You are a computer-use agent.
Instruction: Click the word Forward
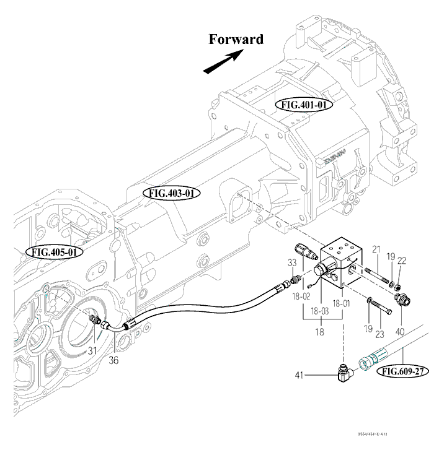236,40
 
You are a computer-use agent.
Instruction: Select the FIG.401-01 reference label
304,105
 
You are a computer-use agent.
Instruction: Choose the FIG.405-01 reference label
54,252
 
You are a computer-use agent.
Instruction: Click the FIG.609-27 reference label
402,371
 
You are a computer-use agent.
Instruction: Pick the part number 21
376,249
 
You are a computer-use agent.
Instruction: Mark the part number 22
401,261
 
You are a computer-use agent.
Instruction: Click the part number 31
92,350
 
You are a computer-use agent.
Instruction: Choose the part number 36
113,359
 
